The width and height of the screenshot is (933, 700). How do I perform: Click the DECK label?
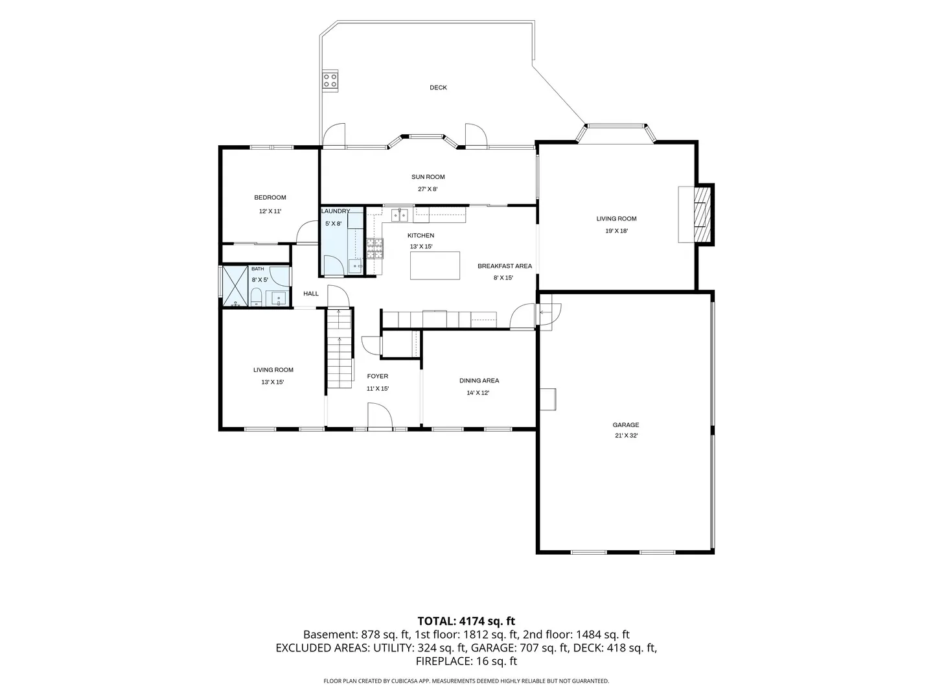(x=438, y=87)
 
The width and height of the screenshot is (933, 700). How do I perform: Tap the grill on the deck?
(x=330, y=80)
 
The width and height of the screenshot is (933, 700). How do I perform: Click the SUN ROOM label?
(x=428, y=177)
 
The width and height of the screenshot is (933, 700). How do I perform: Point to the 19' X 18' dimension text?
(x=616, y=231)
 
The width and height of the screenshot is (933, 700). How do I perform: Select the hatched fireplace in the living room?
(x=702, y=215)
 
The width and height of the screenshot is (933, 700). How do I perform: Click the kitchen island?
(x=434, y=266)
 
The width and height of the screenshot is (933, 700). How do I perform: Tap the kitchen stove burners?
(x=374, y=248)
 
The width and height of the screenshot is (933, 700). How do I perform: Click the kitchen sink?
(x=400, y=215)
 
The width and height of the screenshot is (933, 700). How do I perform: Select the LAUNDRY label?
(x=336, y=211)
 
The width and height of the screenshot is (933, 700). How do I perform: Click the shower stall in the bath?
(x=235, y=286)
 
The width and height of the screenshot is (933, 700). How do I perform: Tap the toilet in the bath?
(x=256, y=297)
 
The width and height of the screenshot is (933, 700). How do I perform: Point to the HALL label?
(x=311, y=293)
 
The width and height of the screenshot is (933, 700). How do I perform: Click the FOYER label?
(x=378, y=376)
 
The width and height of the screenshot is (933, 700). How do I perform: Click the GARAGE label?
(x=626, y=425)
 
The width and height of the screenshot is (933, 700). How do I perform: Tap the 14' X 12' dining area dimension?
(x=478, y=393)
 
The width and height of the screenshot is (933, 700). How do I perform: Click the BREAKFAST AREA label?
(x=505, y=266)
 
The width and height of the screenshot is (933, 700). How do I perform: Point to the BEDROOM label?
(x=270, y=197)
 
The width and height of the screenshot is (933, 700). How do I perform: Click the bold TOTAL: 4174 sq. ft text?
(x=466, y=621)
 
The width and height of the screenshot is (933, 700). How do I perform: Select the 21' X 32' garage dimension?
(x=626, y=435)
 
